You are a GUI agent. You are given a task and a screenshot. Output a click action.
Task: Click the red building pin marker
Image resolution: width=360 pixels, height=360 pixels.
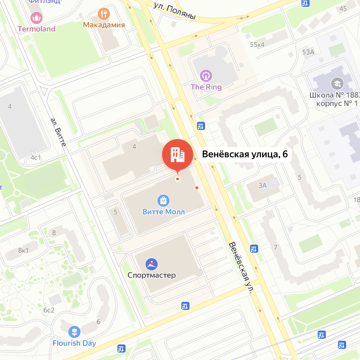tap(177, 154)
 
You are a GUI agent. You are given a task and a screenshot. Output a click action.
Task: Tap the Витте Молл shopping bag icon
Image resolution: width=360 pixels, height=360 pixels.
tap(163, 201)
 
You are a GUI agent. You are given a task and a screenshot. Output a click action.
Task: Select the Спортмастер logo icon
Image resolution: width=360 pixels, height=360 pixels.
tap(151, 264)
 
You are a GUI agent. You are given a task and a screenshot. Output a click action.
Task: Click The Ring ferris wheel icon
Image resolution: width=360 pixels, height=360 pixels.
tap(206, 76)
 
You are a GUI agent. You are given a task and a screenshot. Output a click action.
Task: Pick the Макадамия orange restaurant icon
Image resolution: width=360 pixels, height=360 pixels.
tap(104, 14)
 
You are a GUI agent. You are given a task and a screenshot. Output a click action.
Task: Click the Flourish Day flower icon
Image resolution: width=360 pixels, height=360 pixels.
tap(74, 332)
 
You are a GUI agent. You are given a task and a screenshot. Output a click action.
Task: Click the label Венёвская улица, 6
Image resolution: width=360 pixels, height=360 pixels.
tap(245, 154)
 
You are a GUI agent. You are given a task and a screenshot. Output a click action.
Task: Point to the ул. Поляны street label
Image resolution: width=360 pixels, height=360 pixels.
tap(175, 11)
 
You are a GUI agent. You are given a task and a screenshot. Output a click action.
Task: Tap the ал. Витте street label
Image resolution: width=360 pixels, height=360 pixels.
tap(58, 132)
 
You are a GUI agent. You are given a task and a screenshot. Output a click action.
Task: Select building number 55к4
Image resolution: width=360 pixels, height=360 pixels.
tap(257, 45)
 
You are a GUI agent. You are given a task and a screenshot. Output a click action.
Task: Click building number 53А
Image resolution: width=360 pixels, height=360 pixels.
tap(308, 52)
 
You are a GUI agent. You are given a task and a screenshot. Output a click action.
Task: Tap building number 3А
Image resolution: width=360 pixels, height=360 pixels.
tap(263, 185)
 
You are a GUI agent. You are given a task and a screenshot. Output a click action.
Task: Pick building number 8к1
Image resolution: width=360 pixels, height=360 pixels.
tap(23, 250)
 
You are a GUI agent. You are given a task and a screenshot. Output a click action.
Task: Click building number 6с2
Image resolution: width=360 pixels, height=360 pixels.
tap(49, 310)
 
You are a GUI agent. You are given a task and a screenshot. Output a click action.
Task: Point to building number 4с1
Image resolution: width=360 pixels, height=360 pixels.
tap(36, 157)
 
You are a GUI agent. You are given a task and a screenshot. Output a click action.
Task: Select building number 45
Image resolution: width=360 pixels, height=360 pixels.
tap(343, 8)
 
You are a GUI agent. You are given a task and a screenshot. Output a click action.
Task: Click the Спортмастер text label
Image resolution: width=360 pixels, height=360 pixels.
tap(152, 275)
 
